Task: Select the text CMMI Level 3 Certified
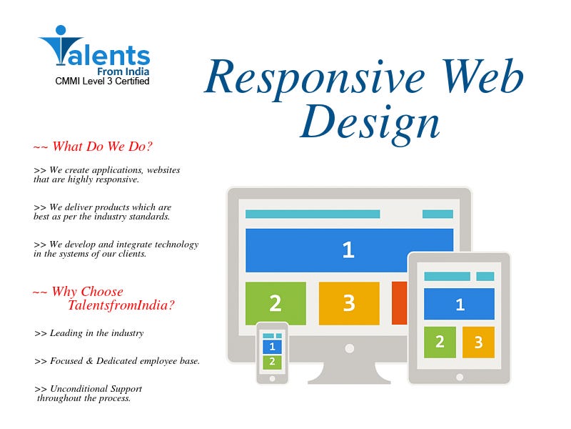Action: tap(102, 81)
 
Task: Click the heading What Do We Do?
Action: tap(94, 147)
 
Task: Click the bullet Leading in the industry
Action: tap(89, 333)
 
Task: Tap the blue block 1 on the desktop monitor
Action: tap(349, 250)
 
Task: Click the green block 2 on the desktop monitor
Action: tap(276, 303)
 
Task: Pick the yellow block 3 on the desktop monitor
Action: tap(349, 303)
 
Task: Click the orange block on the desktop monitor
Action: tap(399, 303)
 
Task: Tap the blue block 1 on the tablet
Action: tap(459, 304)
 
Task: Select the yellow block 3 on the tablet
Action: tap(478, 342)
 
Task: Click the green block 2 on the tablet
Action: tap(440, 342)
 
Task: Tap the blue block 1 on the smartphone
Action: tap(272, 347)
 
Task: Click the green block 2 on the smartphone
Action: tap(272, 363)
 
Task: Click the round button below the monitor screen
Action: tap(349, 349)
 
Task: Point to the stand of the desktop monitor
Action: tap(349, 372)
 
